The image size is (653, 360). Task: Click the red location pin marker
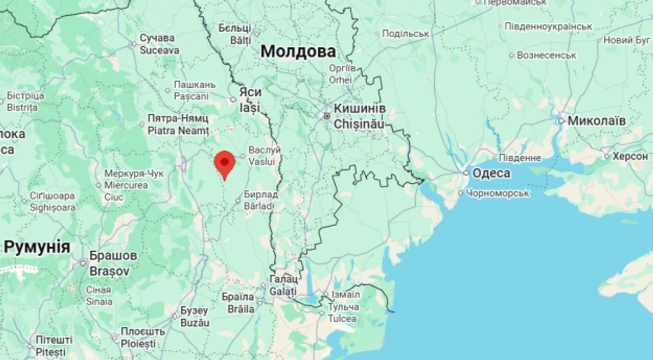coord(224,163)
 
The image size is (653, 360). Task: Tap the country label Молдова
coord(298,52)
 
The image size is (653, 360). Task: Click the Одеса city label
coord(491,173)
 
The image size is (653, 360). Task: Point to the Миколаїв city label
coord(596,121)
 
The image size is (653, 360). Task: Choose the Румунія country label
coord(36,247)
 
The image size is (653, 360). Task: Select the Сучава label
coord(157,38)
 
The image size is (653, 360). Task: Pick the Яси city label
coord(250,92)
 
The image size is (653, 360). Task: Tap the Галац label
coord(284,279)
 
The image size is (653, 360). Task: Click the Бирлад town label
coord(261,195)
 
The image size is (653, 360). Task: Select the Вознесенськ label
coord(546,55)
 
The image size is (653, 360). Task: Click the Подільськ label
coord(405,34)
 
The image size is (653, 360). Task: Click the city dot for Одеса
coord(466,173)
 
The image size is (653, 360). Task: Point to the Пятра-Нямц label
coord(178,118)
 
